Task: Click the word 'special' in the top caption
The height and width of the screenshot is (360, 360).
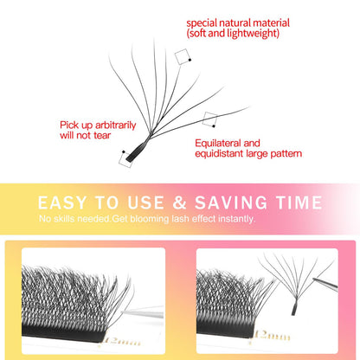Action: pos(204,22)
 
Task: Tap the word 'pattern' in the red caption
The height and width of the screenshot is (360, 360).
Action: pos(285,154)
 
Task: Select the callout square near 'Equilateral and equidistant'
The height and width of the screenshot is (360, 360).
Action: pos(209,119)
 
